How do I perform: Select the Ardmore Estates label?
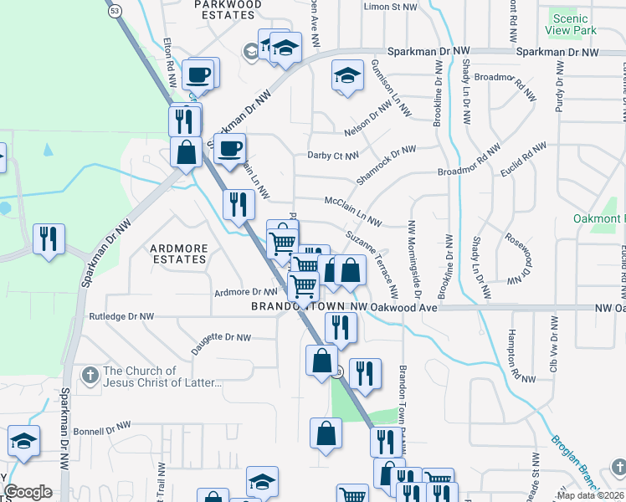178,254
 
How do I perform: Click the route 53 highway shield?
114,10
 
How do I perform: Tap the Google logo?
28,492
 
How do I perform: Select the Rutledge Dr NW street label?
121,317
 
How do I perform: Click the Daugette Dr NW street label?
221,342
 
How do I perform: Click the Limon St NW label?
390,7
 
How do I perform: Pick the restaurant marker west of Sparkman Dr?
49,239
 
